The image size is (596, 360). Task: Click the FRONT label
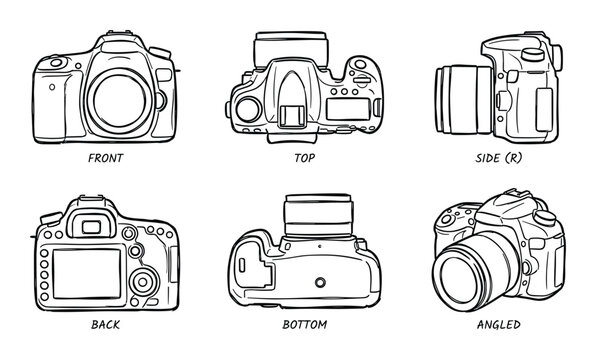[106, 158]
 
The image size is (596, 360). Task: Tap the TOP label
[304, 158]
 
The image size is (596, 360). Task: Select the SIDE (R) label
[499, 158]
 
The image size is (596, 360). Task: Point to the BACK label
[106, 324]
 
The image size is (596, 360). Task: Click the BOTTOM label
[304, 324]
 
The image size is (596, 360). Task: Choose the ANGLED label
[499, 324]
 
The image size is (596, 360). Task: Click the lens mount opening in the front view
[119, 101]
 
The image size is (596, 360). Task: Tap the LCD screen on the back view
[87, 274]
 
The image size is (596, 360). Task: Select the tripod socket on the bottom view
[320, 282]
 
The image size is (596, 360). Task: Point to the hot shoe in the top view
[292, 116]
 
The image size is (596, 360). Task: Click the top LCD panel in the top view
[348, 109]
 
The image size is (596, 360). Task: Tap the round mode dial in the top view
[249, 110]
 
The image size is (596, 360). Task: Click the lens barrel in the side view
[464, 100]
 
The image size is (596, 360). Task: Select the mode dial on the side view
[533, 54]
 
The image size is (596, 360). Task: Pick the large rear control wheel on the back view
[143, 282]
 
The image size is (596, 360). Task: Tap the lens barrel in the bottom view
[319, 216]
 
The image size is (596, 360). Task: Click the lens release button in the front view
[160, 100]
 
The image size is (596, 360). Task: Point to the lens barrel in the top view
[291, 49]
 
